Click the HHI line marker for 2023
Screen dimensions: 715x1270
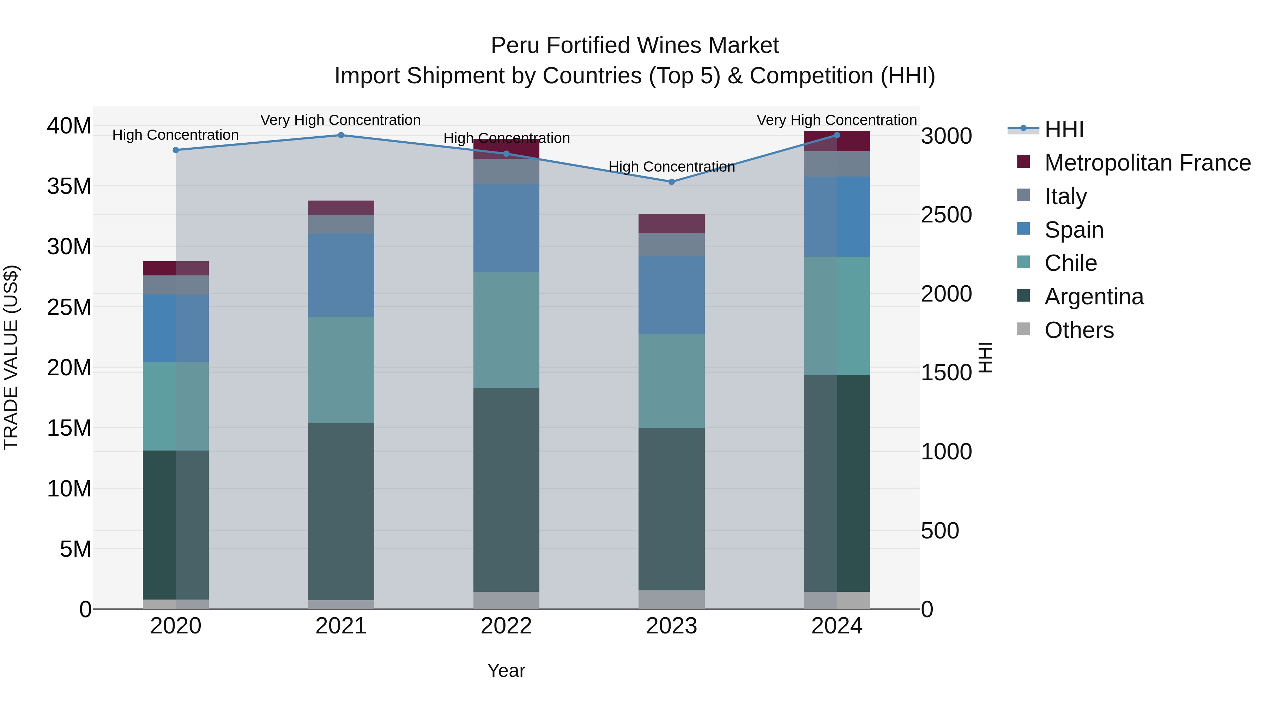(x=671, y=181)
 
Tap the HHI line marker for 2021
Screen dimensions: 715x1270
(x=341, y=135)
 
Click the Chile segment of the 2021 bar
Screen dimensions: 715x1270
(x=341, y=370)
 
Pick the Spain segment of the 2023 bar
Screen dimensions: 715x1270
(x=671, y=295)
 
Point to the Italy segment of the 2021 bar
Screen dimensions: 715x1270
(x=341, y=224)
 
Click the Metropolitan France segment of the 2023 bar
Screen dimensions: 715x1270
(x=671, y=224)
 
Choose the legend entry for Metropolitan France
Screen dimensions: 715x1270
(x=1147, y=163)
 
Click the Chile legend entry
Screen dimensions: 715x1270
(x=1070, y=263)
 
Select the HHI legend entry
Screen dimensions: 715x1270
(x=1064, y=129)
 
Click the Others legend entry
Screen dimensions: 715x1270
(x=1079, y=330)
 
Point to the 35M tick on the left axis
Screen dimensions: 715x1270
(x=69, y=186)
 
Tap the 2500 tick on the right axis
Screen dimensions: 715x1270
(x=947, y=215)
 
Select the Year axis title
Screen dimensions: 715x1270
(x=506, y=671)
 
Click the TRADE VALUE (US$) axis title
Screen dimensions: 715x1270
(x=11, y=358)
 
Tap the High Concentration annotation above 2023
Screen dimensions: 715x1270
(x=671, y=167)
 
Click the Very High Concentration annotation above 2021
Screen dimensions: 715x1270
(x=341, y=120)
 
